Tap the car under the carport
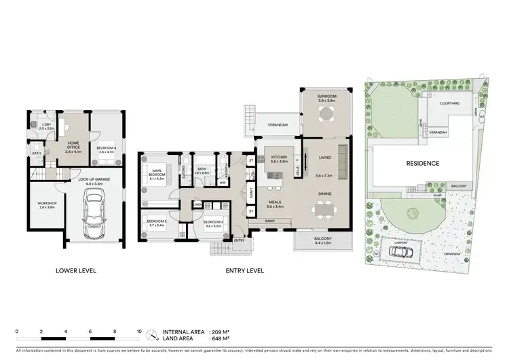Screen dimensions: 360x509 [x=400, y=251]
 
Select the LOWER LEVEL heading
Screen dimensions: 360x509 [x=76, y=270]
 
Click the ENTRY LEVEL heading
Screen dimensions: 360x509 [x=244, y=270]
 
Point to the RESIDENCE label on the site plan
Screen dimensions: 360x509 [x=423, y=164]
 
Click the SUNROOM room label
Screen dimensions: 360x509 [x=328, y=98]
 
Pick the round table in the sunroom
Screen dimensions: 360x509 [x=328, y=113]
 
